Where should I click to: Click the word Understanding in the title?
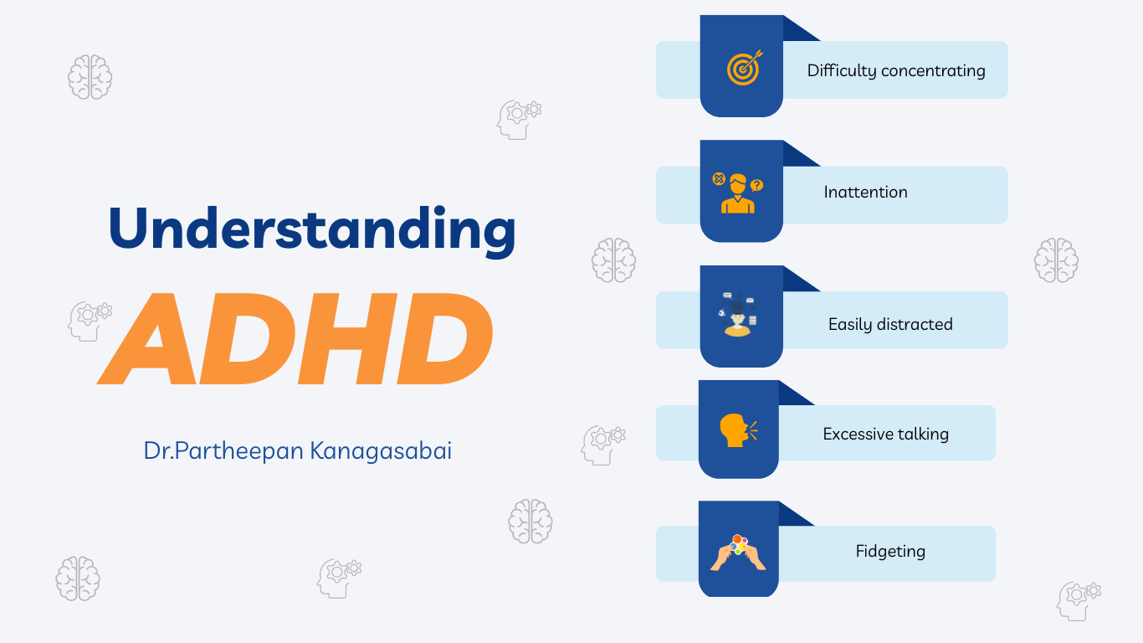click(x=312, y=230)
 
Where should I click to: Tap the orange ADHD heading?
click(x=295, y=338)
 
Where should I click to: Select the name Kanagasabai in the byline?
click(x=381, y=450)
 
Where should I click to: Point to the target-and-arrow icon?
click(x=745, y=68)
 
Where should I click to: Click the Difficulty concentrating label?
click(x=896, y=70)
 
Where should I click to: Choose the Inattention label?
click(x=865, y=192)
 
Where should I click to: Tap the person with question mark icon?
click(x=738, y=193)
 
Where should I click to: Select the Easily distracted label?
click(x=890, y=324)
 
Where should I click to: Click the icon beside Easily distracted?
click(x=738, y=314)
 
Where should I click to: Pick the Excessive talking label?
click(x=886, y=434)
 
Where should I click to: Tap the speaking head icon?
click(x=738, y=430)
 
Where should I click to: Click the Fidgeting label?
click(x=890, y=551)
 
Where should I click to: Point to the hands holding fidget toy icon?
click(x=738, y=553)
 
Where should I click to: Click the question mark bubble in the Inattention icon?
click(x=756, y=185)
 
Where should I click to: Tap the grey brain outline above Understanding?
click(x=90, y=77)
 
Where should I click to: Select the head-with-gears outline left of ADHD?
click(x=90, y=321)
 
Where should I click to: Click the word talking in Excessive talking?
click(x=924, y=434)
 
